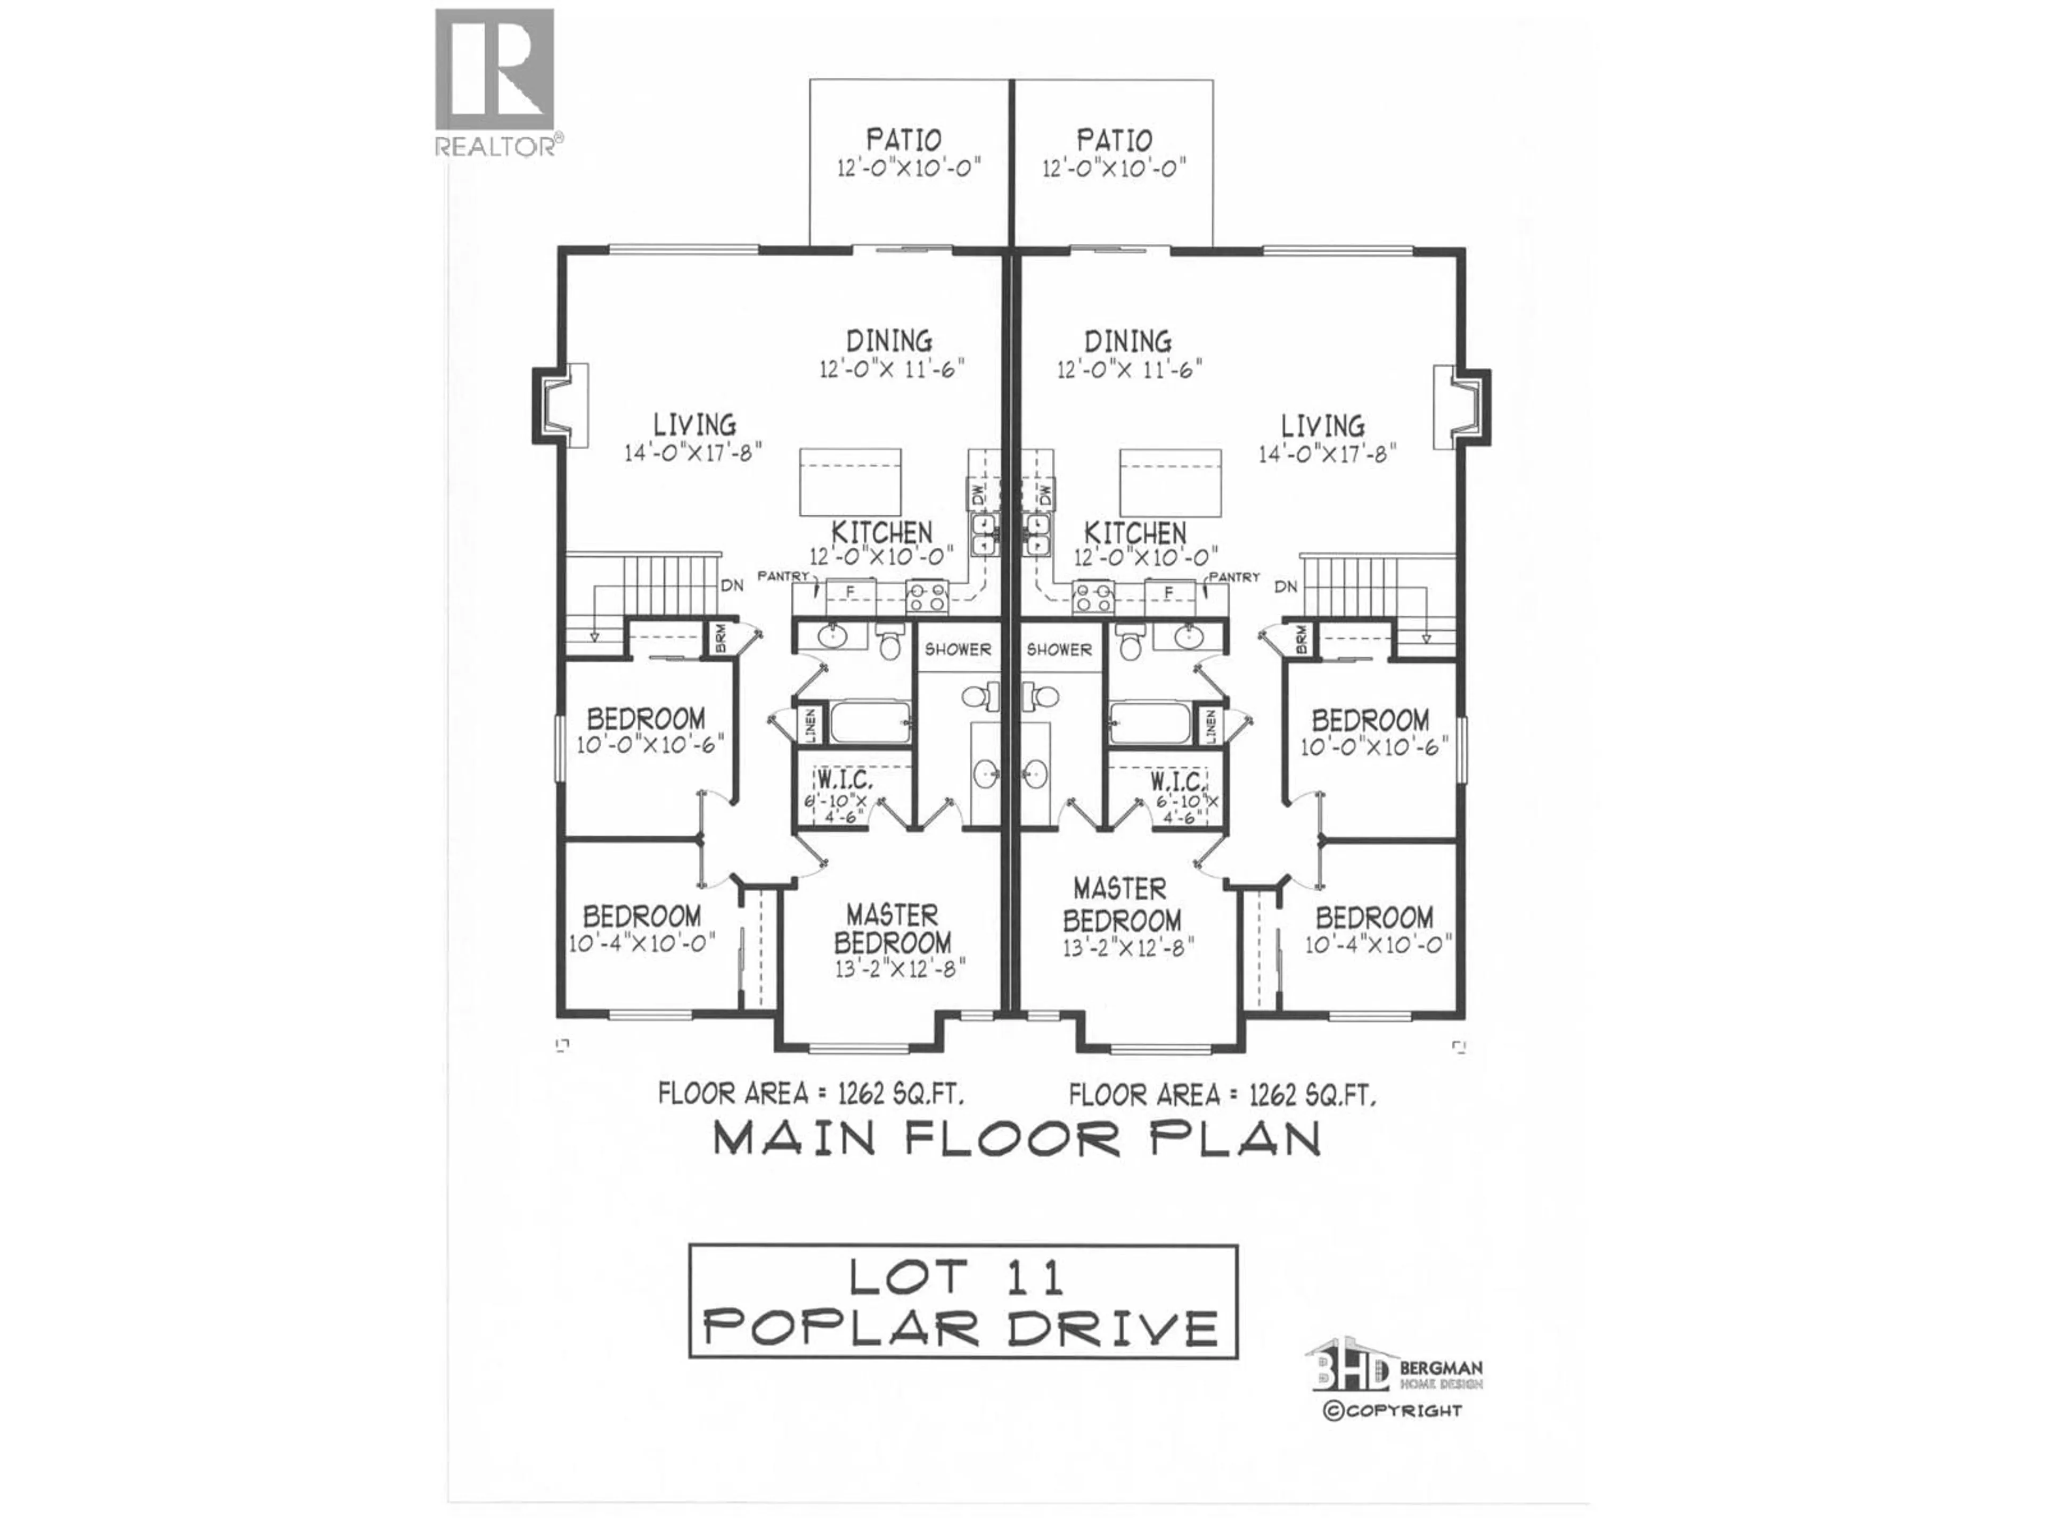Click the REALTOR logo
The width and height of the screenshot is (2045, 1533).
(x=495, y=81)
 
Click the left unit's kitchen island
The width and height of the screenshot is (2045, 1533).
(x=849, y=482)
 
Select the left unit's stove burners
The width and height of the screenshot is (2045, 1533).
(x=927, y=596)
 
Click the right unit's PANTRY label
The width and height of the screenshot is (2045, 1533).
(x=1234, y=576)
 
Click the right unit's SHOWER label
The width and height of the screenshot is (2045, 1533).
(x=1059, y=649)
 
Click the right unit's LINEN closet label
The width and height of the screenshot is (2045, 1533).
(x=1209, y=724)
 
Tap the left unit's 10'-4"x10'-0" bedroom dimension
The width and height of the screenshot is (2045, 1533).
(x=642, y=944)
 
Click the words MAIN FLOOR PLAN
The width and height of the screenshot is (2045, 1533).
(x=1017, y=1139)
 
